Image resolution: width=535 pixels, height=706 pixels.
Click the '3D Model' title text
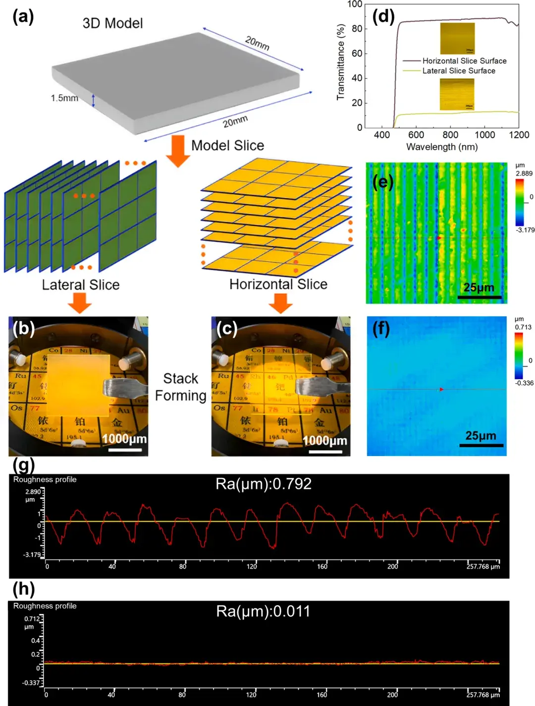112,23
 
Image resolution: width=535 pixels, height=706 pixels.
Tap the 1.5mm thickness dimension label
64,98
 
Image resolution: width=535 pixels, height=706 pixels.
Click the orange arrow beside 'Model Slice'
177,151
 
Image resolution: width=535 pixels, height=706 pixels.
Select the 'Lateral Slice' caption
81,285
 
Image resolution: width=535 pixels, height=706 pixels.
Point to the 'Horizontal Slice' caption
278,284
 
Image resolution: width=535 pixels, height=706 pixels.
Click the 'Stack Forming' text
181,387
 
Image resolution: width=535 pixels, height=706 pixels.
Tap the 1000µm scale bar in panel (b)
125,450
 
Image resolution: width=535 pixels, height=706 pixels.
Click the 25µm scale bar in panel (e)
479,297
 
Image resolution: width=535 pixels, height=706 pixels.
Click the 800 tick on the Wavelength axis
450,135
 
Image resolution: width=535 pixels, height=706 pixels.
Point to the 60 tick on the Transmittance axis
357,54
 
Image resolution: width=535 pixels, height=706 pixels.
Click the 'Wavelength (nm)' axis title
442,147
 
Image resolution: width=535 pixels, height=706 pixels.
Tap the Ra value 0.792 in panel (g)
264,484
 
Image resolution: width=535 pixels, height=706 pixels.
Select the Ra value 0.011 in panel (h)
263,611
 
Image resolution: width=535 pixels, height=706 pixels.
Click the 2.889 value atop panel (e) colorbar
524,174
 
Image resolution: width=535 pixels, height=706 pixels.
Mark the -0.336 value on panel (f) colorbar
524,383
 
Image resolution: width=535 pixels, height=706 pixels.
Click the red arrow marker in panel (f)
441,389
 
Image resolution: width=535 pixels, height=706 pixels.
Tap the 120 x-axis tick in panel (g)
252,566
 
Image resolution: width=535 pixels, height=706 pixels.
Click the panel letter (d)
383,17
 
